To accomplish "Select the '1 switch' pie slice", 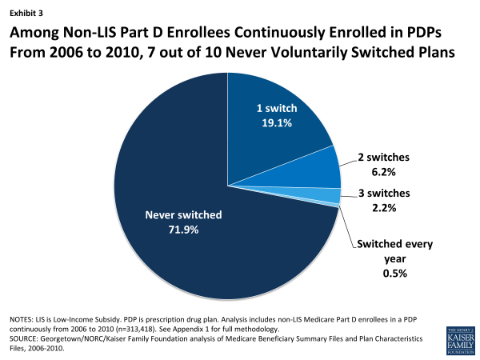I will pyautogui.click(x=280, y=128).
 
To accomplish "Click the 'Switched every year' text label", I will pyautogui.click(x=394, y=250).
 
